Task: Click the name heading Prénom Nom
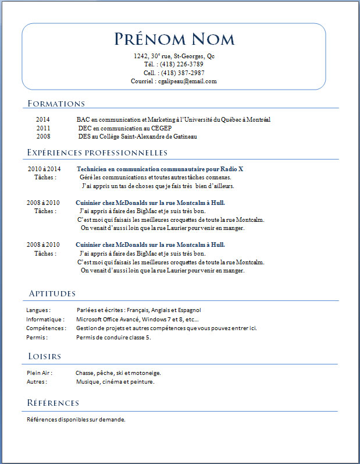click(x=174, y=39)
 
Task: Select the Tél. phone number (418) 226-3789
click(x=181, y=65)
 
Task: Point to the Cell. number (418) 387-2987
click(x=182, y=73)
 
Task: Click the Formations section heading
click(x=56, y=104)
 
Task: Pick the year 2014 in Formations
click(x=43, y=120)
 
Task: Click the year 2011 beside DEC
click(x=43, y=128)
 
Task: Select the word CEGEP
click(x=163, y=128)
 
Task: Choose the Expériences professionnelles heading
click(x=97, y=153)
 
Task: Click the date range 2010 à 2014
click(x=44, y=169)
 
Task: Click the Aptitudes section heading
click(x=52, y=293)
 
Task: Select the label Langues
click(x=38, y=310)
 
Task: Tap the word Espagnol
click(x=189, y=310)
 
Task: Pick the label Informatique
click(x=45, y=320)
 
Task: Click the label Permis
click(x=36, y=337)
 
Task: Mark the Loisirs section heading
click(x=45, y=356)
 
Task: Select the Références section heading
click(x=53, y=403)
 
